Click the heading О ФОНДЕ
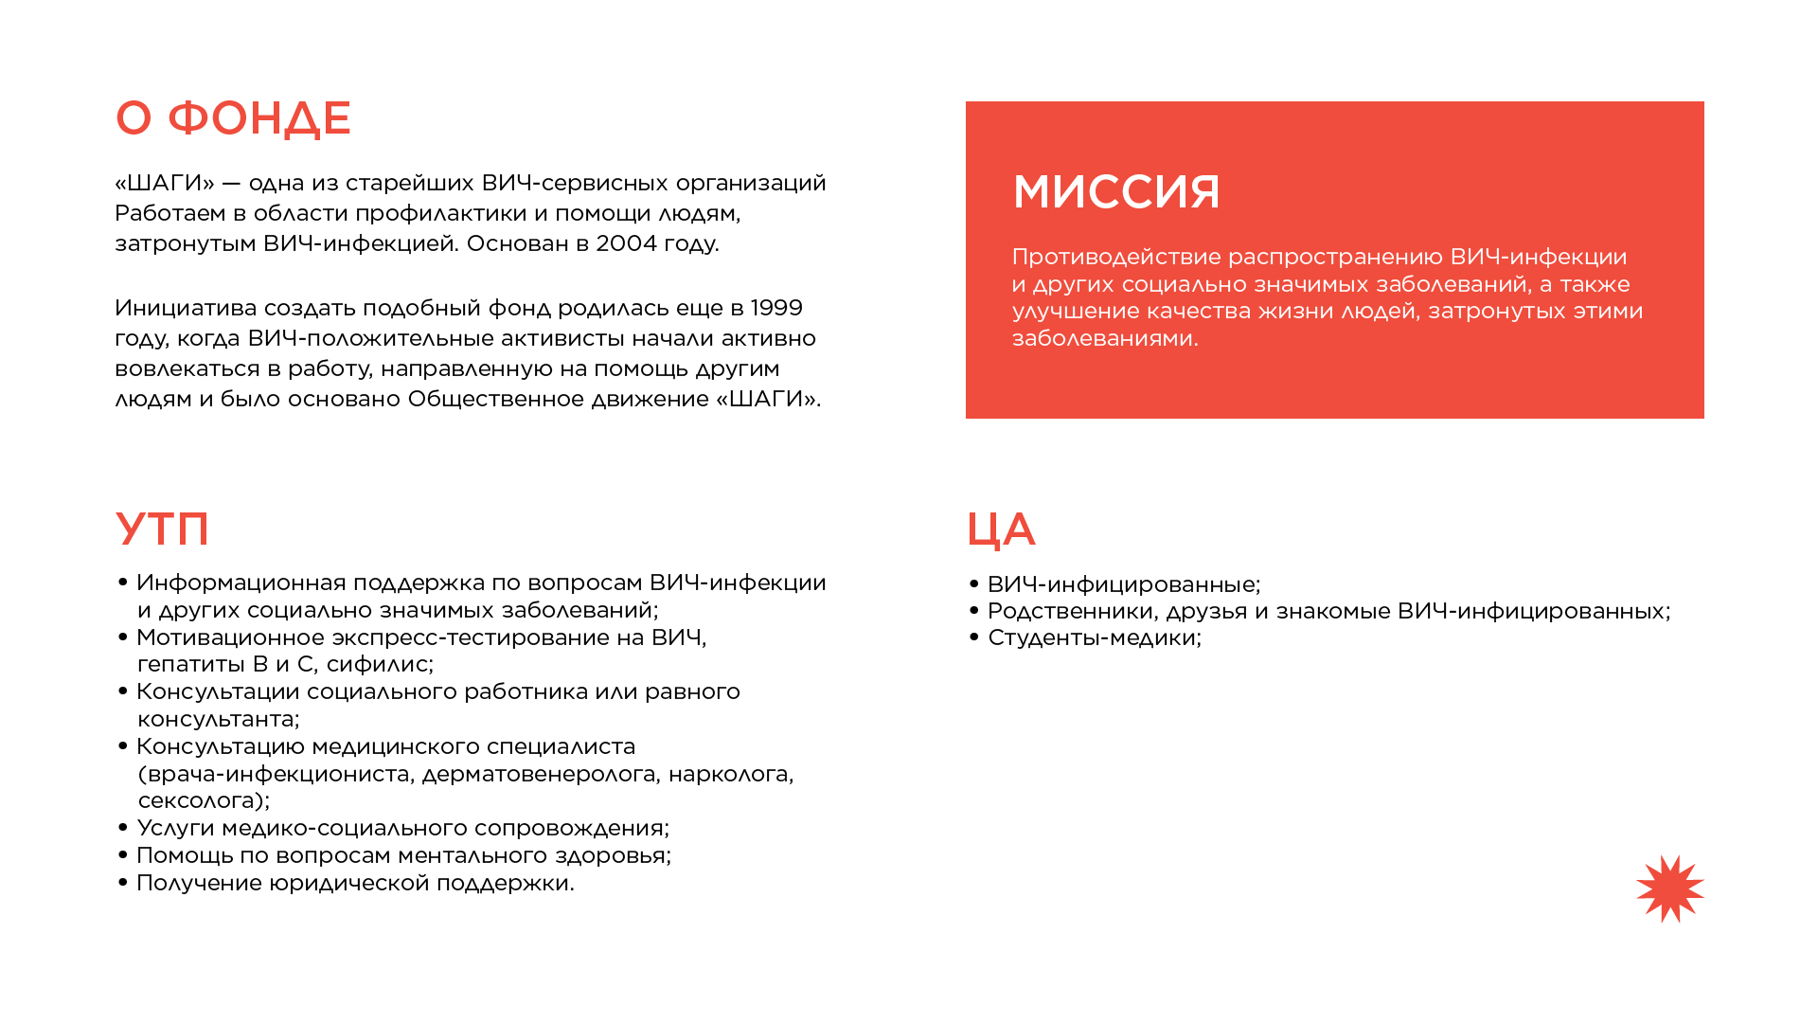point(233,118)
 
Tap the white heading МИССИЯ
point(1116,191)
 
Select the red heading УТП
point(162,529)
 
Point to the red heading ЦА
point(1001,529)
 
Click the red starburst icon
point(1669,888)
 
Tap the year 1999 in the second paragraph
point(776,308)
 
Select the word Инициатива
point(186,308)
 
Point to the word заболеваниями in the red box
point(1105,338)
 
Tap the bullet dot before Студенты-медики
point(974,637)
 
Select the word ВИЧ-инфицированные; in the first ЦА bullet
point(1124,584)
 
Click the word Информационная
point(241,583)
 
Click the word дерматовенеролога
point(540,774)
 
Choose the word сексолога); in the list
point(204,800)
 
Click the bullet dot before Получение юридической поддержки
point(123,883)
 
